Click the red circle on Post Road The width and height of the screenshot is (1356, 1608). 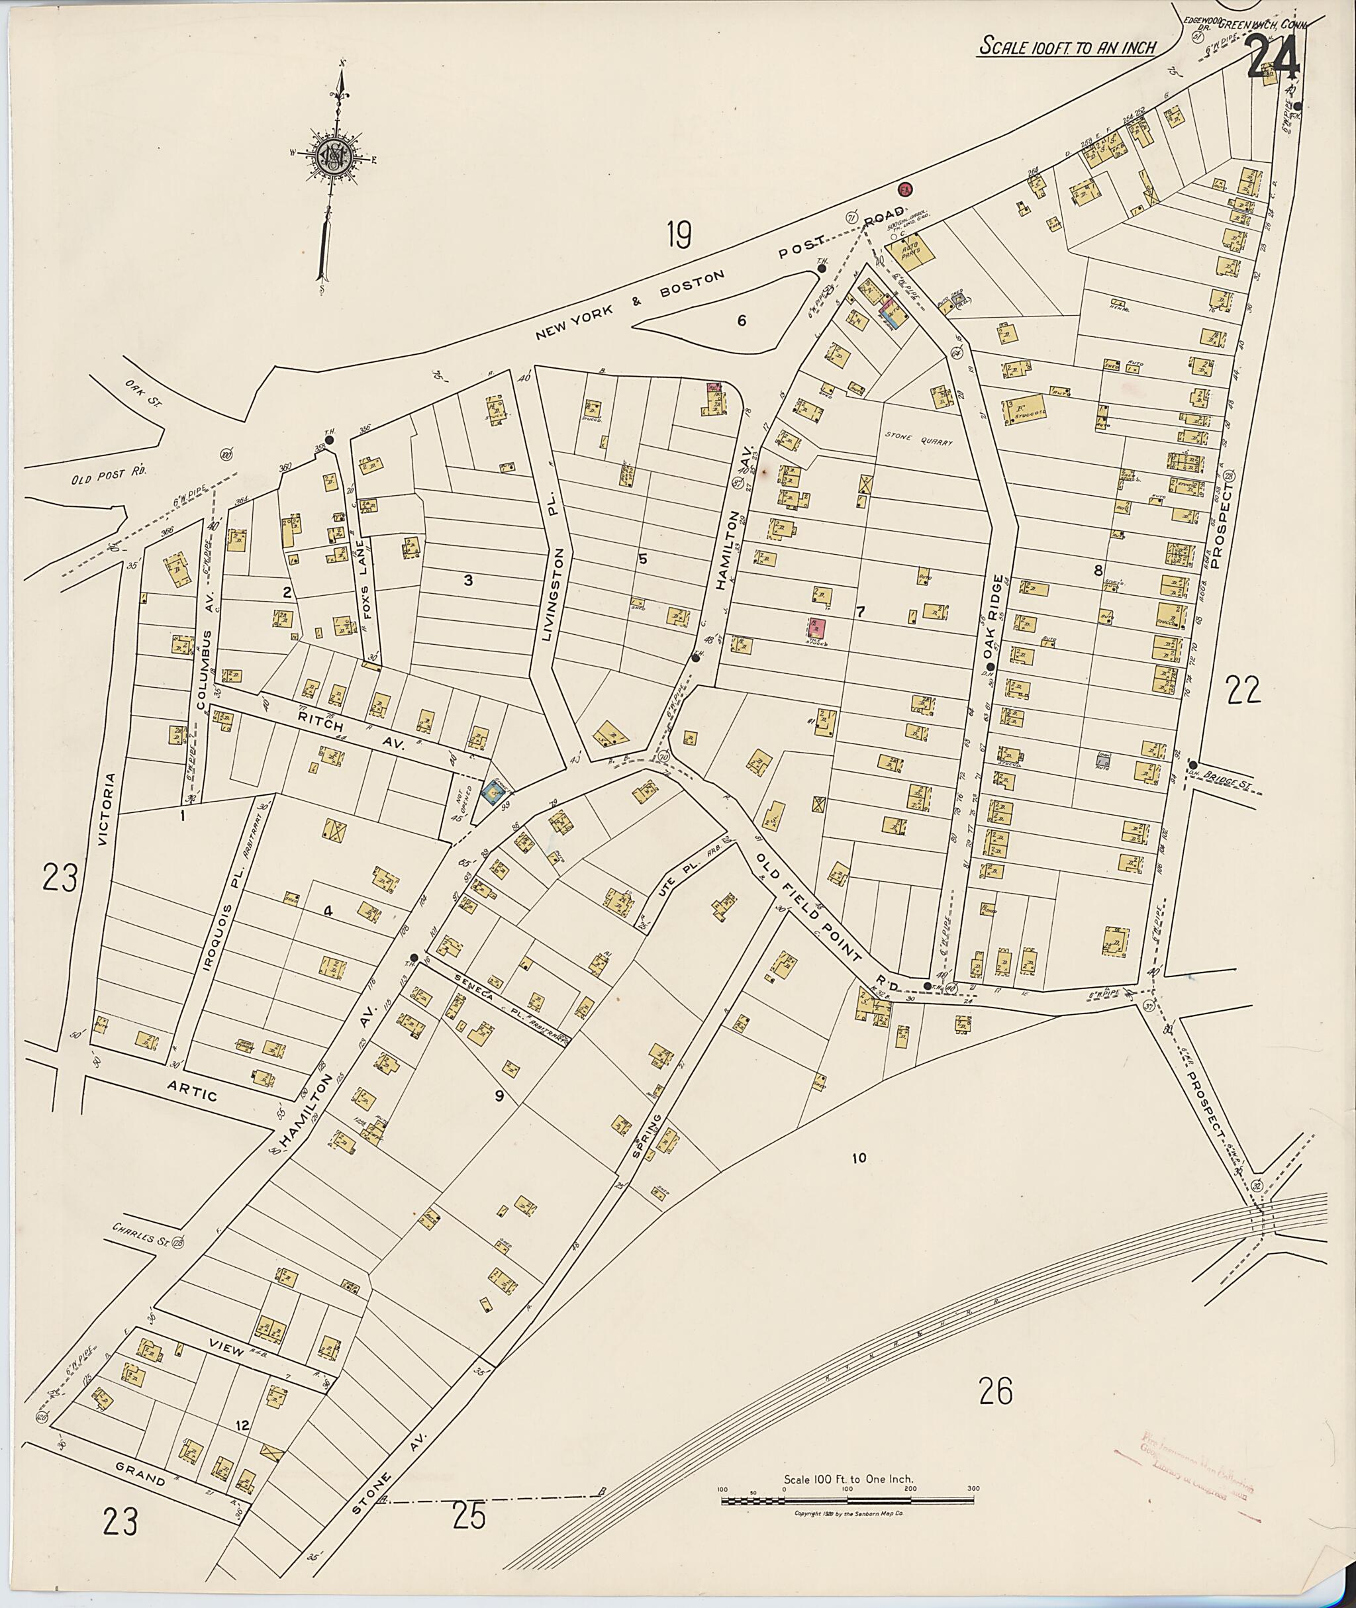tap(906, 189)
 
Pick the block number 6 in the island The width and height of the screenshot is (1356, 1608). tap(741, 321)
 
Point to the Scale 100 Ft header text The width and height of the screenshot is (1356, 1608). tap(1067, 48)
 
